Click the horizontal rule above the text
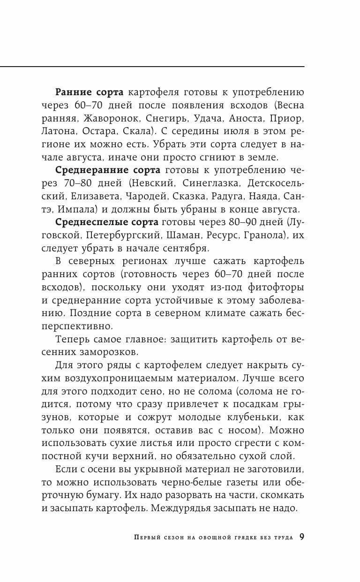(x=152, y=67)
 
